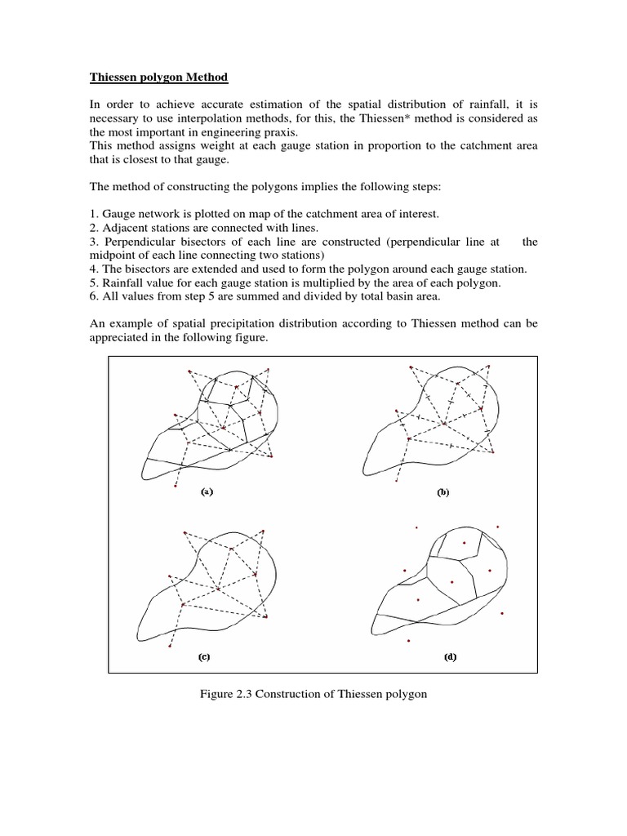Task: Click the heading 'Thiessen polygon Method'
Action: click(158, 78)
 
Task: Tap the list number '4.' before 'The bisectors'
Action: click(94, 269)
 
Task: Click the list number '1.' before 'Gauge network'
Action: click(94, 214)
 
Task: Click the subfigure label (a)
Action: click(207, 492)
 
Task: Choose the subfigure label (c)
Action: click(207, 656)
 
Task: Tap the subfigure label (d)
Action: click(450, 656)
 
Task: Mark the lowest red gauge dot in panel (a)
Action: click(176, 487)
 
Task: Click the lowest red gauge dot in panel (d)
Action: click(409, 643)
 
